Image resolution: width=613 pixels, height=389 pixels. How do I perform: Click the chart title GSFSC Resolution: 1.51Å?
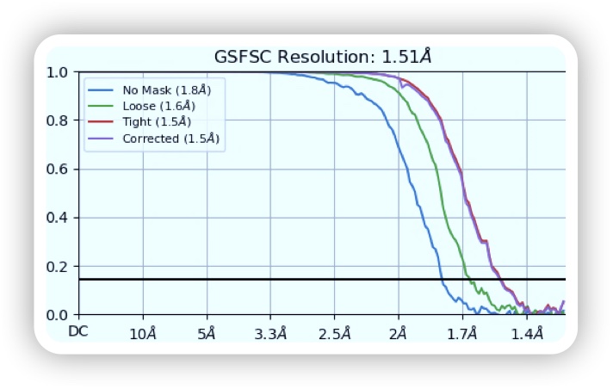point(322,58)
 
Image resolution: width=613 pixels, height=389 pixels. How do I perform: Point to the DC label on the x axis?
point(78,331)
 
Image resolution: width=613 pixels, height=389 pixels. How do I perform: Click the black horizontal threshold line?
point(258,280)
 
